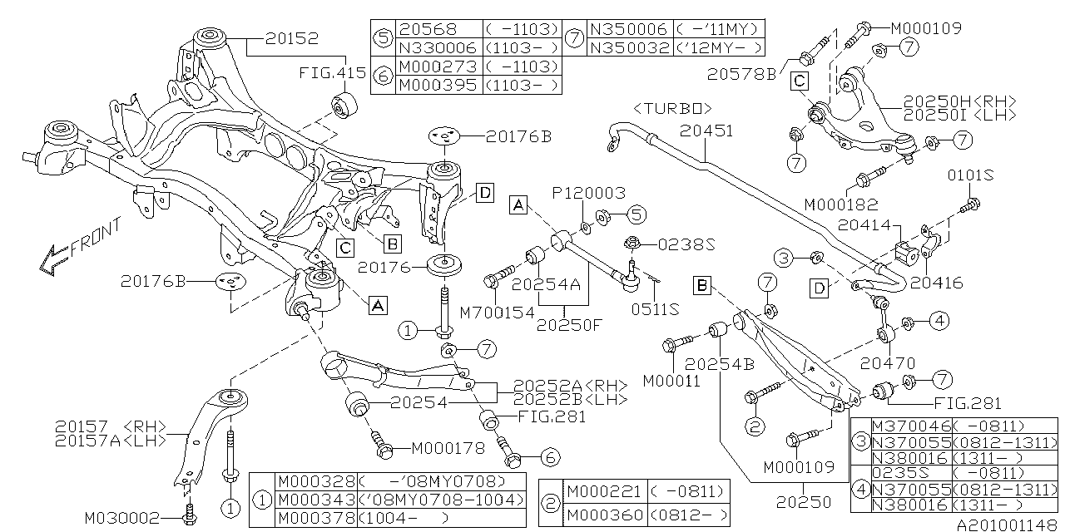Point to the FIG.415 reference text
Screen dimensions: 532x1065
[x=333, y=73]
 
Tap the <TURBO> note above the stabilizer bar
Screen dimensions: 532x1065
[x=673, y=108]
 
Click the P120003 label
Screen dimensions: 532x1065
[x=588, y=193]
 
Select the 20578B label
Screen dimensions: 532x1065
[x=741, y=75]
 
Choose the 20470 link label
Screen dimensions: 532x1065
[x=888, y=363]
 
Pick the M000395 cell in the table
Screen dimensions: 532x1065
[x=438, y=85]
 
